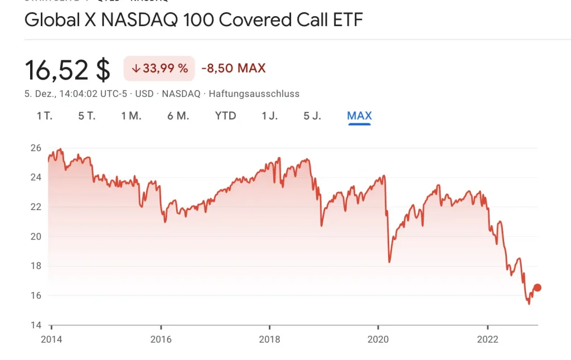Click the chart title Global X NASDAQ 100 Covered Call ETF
tap(193, 21)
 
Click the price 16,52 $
tap(67, 70)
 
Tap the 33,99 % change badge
tap(159, 69)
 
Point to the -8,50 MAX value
tap(234, 69)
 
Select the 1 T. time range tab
tap(45, 116)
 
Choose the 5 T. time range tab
tap(87, 116)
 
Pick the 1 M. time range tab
tap(131, 116)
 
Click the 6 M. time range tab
tap(178, 116)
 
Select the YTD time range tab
tap(226, 116)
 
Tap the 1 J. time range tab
tap(270, 116)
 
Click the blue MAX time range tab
tap(359, 116)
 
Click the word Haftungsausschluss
tap(254, 94)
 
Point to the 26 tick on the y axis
tap(36, 148)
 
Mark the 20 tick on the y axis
tap(36, 236)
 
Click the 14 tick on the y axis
tap(36, 325)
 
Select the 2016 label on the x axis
tap(161, 339)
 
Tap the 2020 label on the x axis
tap(378, 339)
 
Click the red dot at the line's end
tap(538, 288)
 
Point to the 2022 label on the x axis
tap(487, 339)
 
